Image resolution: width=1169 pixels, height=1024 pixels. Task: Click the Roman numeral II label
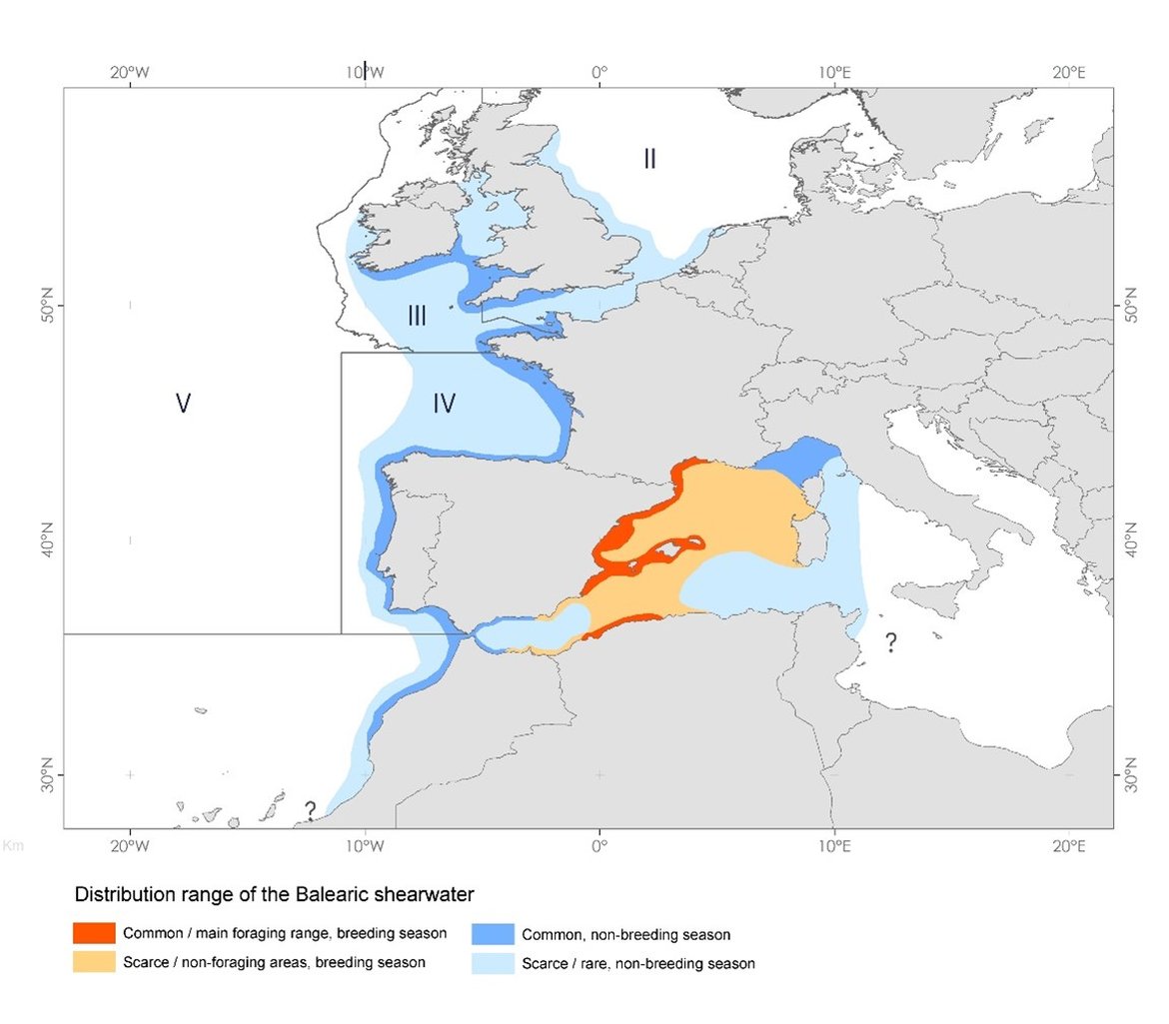[649, 158]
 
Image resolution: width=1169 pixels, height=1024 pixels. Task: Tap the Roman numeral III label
[417, 317]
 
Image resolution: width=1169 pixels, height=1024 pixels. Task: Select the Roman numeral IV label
[445, 404]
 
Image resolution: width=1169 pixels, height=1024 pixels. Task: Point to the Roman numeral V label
[183, 403]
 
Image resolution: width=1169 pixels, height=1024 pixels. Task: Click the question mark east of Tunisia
[890, 643]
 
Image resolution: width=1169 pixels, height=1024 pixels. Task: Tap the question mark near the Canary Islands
[311, 810]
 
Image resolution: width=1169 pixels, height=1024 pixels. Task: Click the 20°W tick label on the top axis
[130, 72]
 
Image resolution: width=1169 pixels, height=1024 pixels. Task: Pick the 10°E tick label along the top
[833, 72]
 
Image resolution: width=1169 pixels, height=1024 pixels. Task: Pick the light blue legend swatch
[495, 963]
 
